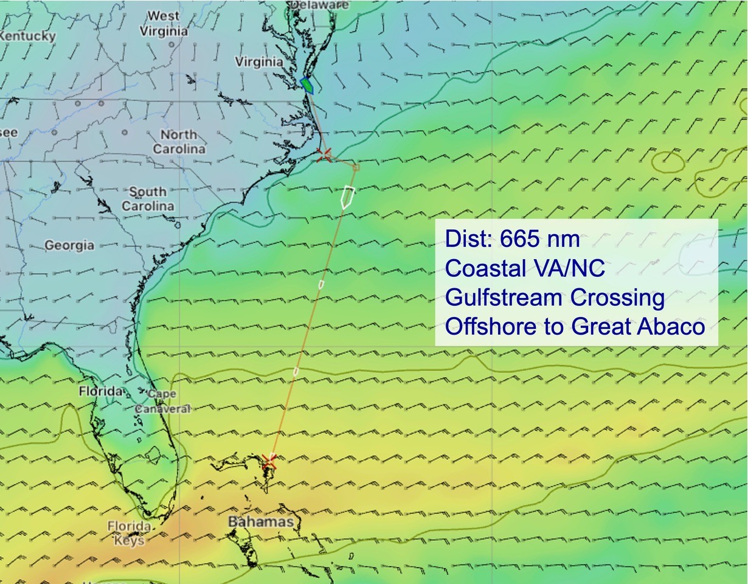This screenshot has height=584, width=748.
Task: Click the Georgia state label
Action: point(69,245)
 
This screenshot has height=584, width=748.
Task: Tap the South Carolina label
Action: point(148,199)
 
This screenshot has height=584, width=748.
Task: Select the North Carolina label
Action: point(179,141)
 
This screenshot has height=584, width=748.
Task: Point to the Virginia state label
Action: point(258,61)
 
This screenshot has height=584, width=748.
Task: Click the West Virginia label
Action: point(164,23)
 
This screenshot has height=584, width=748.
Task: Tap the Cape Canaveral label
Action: point(162,401)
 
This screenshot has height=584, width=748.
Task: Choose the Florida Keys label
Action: point(129,533)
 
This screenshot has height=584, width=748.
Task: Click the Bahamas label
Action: point(260,522)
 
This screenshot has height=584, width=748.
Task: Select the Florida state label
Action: point(101,391)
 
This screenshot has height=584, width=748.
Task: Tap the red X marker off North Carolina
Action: point(325,155)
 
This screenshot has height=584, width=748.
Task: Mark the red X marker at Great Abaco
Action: point(269,462)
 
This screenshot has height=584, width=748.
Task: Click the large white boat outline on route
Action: point(347,196)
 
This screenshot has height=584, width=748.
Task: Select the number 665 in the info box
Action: point(520,239)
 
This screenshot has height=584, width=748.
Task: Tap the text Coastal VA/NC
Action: point(525,268)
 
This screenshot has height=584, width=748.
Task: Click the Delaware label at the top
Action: point(320,5)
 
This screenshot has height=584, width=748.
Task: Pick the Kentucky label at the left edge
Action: point(27,36)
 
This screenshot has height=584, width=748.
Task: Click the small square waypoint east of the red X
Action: point(356,167)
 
